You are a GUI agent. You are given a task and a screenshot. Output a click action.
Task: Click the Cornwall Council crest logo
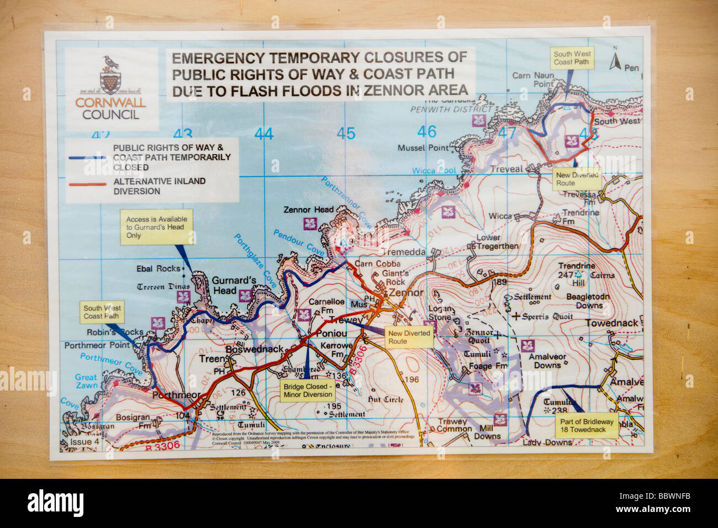tap(109, 74)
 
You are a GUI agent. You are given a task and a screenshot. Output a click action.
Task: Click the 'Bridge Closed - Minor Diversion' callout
tap(308, 390)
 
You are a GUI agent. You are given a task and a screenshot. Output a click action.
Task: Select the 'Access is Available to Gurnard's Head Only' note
tap(157, 226)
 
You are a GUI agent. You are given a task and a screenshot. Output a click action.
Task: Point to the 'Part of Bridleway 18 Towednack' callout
tap(586, 425)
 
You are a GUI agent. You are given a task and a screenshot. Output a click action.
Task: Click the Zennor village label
tap(406, 293)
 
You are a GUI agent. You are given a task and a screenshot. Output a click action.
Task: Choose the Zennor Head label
tap(308, 210)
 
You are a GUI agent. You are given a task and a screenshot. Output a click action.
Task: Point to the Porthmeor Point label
tap(97, 345)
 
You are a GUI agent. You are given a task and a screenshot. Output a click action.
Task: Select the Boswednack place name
tap(254, 349)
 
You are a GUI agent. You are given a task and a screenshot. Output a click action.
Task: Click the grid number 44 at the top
tap(264, 134)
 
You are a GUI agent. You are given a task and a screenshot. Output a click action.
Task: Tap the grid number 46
tap(426, 132)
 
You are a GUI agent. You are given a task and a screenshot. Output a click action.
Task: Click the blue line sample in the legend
tap(87, 157)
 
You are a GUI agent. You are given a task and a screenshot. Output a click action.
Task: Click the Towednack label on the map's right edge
tap(611, 323)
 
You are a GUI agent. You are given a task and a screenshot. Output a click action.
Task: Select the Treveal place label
tap(506, 169)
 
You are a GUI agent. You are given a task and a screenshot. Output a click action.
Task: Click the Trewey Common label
tap(451, 425)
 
